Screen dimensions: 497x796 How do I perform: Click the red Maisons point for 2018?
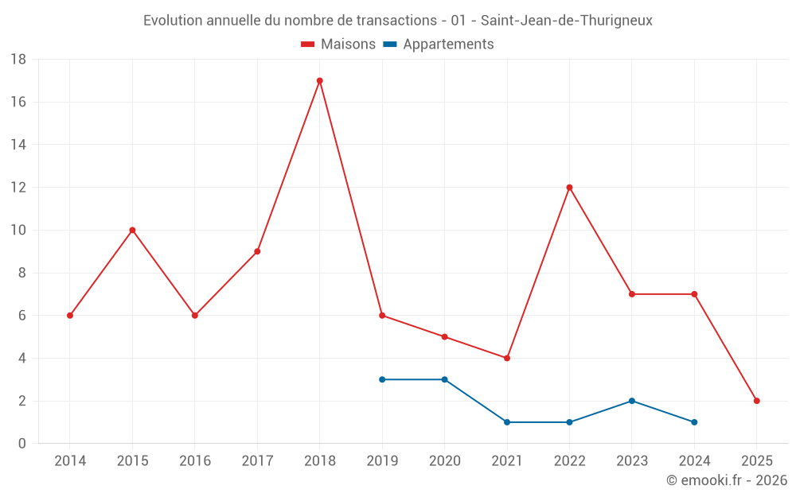tap(319, 80)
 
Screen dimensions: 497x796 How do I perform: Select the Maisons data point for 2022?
tap(569, 188)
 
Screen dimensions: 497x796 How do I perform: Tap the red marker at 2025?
tap(756, 401)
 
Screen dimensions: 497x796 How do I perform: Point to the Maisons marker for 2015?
tap(132, 231)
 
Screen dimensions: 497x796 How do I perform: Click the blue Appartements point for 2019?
tap(382, 379)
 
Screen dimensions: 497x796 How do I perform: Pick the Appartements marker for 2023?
tap(631, 401)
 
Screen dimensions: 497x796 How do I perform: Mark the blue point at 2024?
tap(694, 422)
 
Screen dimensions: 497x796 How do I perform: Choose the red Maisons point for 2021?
tap(507, 358)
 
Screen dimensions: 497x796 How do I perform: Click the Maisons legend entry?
tap(338, 45)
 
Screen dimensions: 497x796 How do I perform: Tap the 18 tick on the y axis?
tap(18, 60)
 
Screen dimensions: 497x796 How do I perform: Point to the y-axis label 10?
tap(18, 231)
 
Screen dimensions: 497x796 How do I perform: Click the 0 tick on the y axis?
tap(22, 444)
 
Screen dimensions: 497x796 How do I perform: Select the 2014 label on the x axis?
tap(70, 461)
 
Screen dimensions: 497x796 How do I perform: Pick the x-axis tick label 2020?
tap(444, 461)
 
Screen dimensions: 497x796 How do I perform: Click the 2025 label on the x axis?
tap(756, 461)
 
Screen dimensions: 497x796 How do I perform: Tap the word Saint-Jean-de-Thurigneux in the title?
tap(566, 21)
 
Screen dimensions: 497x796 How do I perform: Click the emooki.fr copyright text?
tap(726, 480)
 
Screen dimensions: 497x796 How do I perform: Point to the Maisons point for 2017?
tap(257, 251)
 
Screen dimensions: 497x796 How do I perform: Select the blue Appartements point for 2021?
tap(507, 422)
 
